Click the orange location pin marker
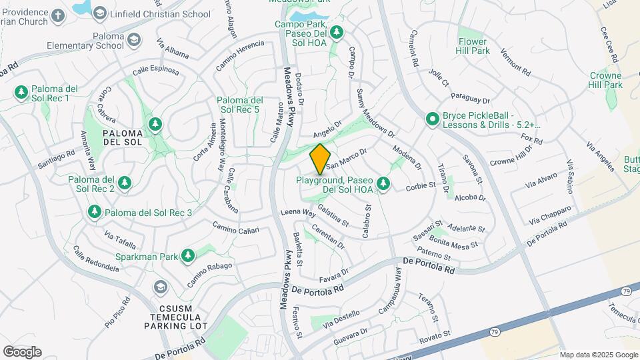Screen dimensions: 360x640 click(320, 159)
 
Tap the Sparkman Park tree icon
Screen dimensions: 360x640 click(188, 255)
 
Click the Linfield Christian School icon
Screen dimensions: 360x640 click(100, 13)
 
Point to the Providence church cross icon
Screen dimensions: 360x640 click(58, 15)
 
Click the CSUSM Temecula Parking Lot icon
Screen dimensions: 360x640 click(160, 288)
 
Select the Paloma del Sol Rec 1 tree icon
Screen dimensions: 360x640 click(21, 91)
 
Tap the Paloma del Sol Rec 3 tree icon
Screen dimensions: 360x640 click(95, 212)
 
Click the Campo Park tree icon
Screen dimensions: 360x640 click(337, 31)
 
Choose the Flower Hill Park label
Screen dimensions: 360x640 click(473, 45)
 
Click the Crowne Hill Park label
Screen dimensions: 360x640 click(605, 80)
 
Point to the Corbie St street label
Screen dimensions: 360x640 click(420, 186)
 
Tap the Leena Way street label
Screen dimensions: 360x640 click(297, 213)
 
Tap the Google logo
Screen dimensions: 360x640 click(22, 351)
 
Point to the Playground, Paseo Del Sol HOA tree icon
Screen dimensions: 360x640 click(383, 183)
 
